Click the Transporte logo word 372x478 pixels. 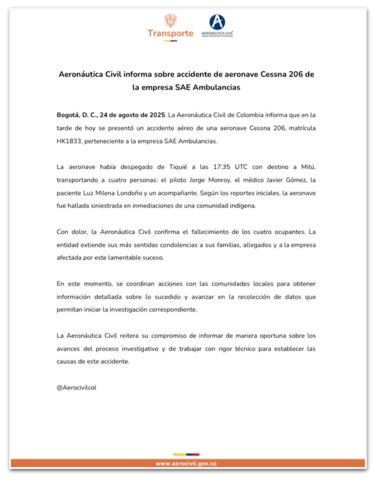[170, 34]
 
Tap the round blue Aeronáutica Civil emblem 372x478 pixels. [217, 22]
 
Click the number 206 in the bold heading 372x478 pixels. [296, 74]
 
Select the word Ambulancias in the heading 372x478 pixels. [216, 87]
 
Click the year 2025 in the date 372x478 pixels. [157, 115]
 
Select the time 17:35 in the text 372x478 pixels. [222, 167]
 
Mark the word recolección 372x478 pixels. [254, 297]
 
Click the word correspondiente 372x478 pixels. [173, 310]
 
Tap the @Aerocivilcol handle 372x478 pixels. [77, 388]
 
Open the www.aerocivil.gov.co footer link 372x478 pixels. [186, 464]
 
